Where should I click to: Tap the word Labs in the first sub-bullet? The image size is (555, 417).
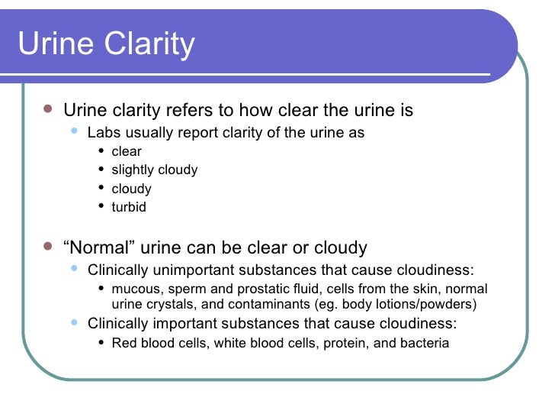(102, 133)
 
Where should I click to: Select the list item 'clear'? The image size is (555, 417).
(127, 151)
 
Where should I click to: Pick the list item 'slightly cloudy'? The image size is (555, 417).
(155, 170)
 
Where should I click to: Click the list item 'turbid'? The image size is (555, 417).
(129, 207)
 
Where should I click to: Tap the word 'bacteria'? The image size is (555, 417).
(424, 343)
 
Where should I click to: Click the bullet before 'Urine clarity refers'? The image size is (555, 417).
(48, 110)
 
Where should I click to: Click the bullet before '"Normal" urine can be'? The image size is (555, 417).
(48, 247)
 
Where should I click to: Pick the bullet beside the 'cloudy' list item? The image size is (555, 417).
(102, 188)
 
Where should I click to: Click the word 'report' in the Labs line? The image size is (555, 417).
(200, 133)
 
